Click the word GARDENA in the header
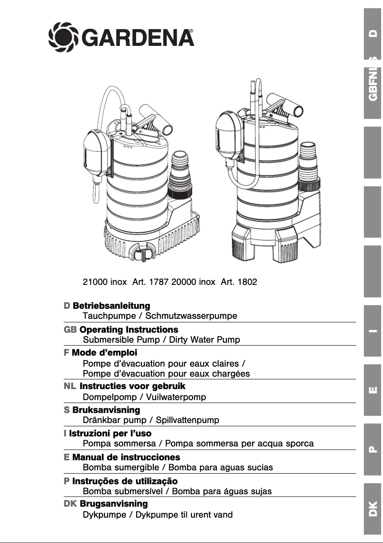tap(138, 37)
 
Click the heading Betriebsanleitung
tap(111, 305)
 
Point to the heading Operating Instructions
tap(128, 329)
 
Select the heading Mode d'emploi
tap(104, 353)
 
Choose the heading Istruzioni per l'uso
tap(110, 434)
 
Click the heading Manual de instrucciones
tap(126, 457)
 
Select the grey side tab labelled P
tap(372, 449)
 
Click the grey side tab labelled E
tap(372, 390)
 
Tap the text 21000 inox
tap(105, 282)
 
